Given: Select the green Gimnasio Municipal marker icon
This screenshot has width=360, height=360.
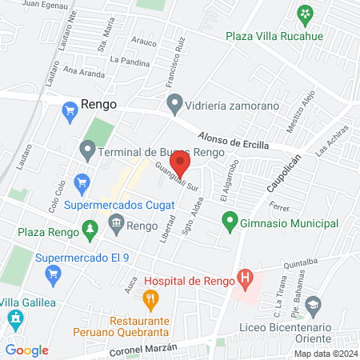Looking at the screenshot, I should [230, 218].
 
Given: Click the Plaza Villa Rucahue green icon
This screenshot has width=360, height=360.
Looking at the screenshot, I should [305, 13].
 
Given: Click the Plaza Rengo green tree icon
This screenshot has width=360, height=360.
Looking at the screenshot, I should [90, 231].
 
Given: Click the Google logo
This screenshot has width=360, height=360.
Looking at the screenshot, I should [26, 350].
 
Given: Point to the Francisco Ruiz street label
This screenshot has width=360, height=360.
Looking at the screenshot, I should [174, 65].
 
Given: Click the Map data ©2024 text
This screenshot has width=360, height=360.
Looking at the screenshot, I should [324, 354].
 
